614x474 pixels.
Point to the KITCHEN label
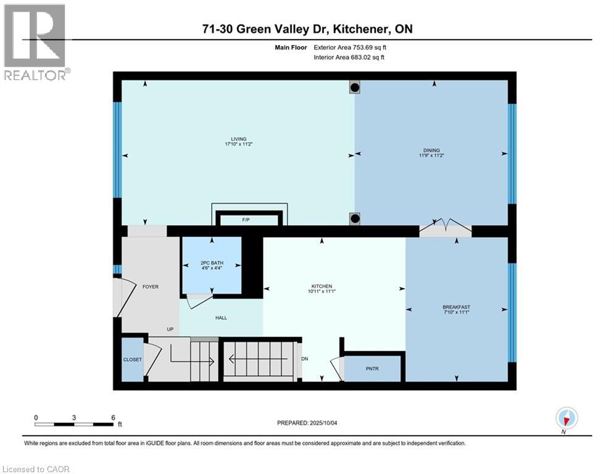coord(322,286)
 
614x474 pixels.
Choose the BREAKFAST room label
coord(456,307)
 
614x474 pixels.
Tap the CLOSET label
coord(132,359)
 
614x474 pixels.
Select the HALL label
coord(221,318)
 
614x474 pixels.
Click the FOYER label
coord(151,286)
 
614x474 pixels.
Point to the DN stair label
coord(304,358)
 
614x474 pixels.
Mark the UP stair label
coord(170,330)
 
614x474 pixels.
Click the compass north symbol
coord(566,418)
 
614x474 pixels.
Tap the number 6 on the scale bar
coord(113,417)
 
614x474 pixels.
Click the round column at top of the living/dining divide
coord(355,88)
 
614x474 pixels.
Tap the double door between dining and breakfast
coord(445,229)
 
